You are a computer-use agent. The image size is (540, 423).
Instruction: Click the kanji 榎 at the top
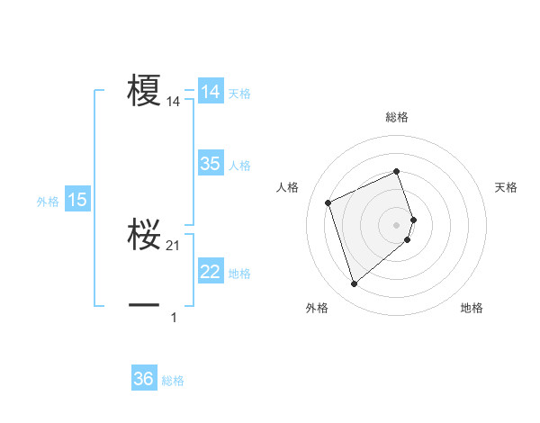pyautogui.click(x=144, y=91)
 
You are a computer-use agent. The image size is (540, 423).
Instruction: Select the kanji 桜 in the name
pyautogui.click(x=144, y=235)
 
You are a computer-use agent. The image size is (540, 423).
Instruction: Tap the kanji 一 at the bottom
pyautogui.click(x=144, y=306)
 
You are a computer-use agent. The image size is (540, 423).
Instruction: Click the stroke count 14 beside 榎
pyautogui.click(x=174, y=103)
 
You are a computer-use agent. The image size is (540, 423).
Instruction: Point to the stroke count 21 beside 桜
pyautogui.click(x=174, y=246)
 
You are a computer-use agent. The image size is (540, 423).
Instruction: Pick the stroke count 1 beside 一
pyautogui.click(x=174, y=317)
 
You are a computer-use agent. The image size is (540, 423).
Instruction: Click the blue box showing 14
pyautogui.click(x=211, y=92)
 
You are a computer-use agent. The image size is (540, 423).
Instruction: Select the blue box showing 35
pyautogui.click(x=211, y=164)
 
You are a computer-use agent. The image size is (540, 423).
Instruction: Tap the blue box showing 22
pyautogui.click(x=211, y=272)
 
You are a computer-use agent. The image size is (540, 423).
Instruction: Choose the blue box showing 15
pyautogui.click(x=77, y=200)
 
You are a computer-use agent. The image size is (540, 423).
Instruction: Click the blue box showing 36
pyautogui.click(x=144, y=379)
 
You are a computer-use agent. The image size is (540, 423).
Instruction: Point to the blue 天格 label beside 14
pyautogui.click(x=239, y=93)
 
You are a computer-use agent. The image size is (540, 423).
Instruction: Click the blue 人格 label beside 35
pyautogui.click(x=239, y=165)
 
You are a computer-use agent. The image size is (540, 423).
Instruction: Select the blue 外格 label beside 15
pyautogui.click(x=48, y=202)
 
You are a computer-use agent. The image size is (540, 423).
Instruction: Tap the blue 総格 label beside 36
pyautogui.click(x=173, y=380)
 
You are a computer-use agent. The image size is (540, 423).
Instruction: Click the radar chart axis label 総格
pyautogui.click(x=397, y=117)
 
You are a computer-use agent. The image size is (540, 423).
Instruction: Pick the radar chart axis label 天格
pyautogui.click(x=507, y=187)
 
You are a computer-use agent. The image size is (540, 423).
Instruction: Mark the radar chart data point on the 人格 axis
pyautogui.click(x=329, y=202)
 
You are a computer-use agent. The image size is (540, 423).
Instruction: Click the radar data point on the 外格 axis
pyautogui.click(x=355, y=284)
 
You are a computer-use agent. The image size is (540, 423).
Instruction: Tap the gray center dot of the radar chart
pyautogui.click(x=397, y=223)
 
